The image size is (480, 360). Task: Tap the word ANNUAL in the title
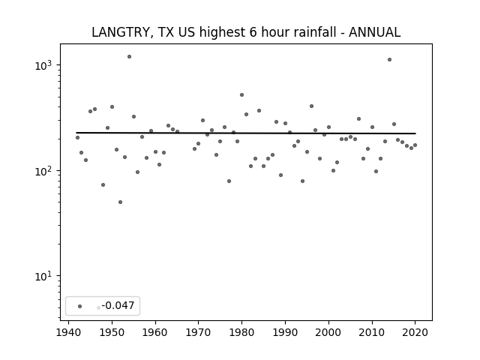pyautogui.click(x=374, y=32)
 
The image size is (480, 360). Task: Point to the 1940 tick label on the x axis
pyautogui.click(x=68, y=332)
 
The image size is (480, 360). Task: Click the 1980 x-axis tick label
pyautogui.click(x=241, y=332)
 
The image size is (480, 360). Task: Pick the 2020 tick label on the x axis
pyautogui.click(x=415, y=332)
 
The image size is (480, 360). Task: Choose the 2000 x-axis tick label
pyautogui.click(x=328, y=332)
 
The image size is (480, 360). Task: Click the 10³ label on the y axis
pyautogui.click(x=43, y=65)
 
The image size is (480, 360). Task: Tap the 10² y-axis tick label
pyautogui.click(x=43, y=171)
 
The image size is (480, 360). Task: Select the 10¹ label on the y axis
pyautogui.click(x=43, y=277)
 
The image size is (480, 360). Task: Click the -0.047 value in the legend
pyautogui.click(x=118, y=305)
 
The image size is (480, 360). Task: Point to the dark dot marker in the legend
pyautogui.click(x=80, y=306)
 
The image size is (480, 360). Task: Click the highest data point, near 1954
pyautogui.click(x=129, y=57)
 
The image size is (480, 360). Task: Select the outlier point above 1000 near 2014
pyautogui.click(x=389, y=60)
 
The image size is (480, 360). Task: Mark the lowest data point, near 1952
pyautogui.click(x=120, y=202)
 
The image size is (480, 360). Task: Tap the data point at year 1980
pyautogui.click(x=241, y=95)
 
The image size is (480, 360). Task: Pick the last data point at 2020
pyautogui.click(x=415, y=145)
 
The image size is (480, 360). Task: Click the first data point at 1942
pyautogui.click(x=77, y=138)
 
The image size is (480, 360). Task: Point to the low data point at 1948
pyautogui.click(x=103, y=185)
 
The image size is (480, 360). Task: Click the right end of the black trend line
pyautogui.click(x=415, y=133)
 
